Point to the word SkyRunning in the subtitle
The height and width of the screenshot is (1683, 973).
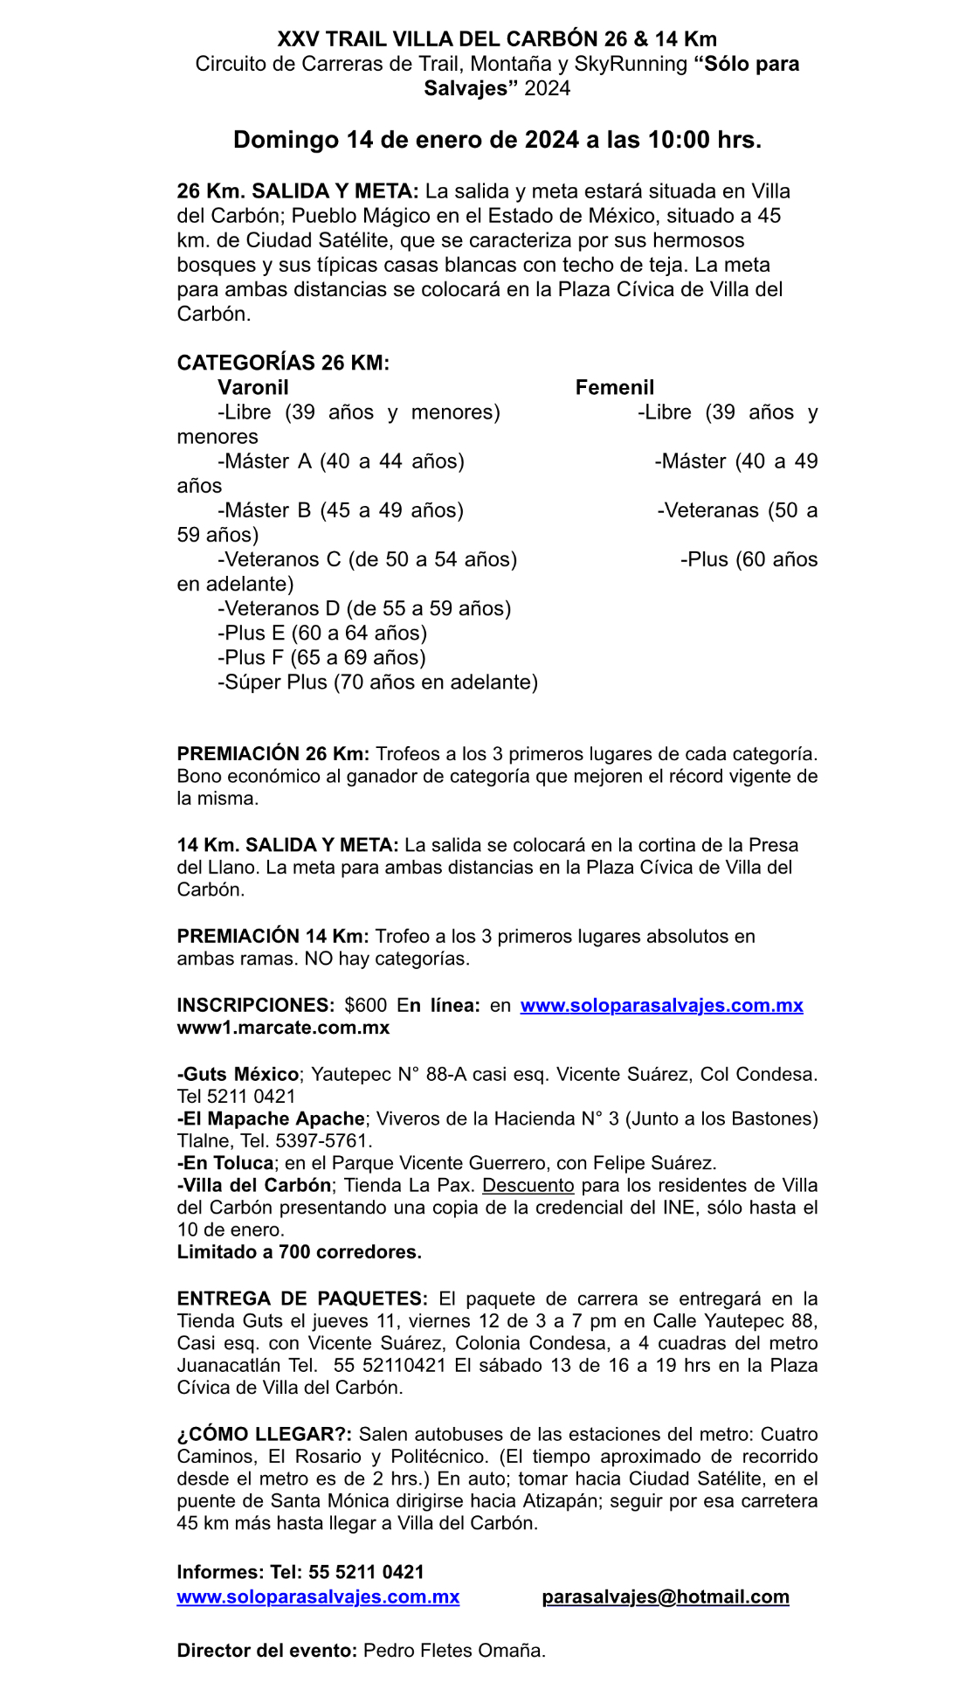click(631, 64)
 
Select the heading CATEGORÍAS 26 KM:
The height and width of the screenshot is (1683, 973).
click(283, 363)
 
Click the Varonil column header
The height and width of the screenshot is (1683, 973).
click(253, 387)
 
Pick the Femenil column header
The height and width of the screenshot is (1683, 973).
click(614, 387)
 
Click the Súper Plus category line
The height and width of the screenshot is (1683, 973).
click(377, 682)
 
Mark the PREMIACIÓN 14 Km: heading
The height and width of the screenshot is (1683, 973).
click(273, 936)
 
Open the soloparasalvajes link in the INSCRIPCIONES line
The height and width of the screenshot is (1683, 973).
click(661, 1005)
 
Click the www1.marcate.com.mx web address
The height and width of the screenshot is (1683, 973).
click(283, 1028)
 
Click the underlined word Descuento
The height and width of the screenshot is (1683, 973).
click(528, 1185)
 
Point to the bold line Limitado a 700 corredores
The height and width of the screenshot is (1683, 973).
click(299, 1251)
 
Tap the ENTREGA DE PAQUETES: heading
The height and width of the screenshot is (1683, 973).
click(302, 1299)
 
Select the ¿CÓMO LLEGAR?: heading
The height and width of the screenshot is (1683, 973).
click(265, 1434)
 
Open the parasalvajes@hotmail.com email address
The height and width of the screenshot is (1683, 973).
click(665, 1596)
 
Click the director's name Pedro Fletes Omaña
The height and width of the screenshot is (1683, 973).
click(453, 1651)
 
